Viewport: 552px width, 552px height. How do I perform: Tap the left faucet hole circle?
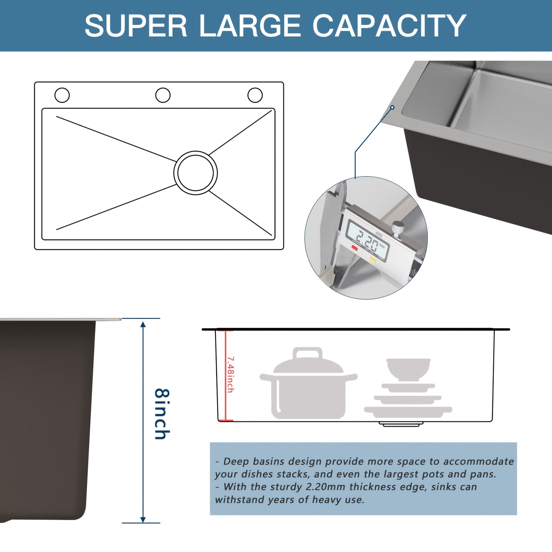[x=62, y=95]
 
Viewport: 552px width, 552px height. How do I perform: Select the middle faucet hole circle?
[x=163, y=95]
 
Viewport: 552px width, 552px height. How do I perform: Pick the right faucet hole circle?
[x=255, y=95]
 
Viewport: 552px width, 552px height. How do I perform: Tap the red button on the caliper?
[x=355, y=248]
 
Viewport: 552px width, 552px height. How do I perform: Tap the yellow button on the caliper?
[x=372, y=259]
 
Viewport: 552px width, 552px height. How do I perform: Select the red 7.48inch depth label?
[x=230, y=374]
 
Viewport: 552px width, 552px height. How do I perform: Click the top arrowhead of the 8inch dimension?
[x=143, y=325]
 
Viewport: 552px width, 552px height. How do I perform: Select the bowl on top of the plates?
[x=408, y=368]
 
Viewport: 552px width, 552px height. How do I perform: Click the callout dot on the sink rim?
[x=392, y=108]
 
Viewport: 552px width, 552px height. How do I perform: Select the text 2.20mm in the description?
[x=325, y=487]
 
